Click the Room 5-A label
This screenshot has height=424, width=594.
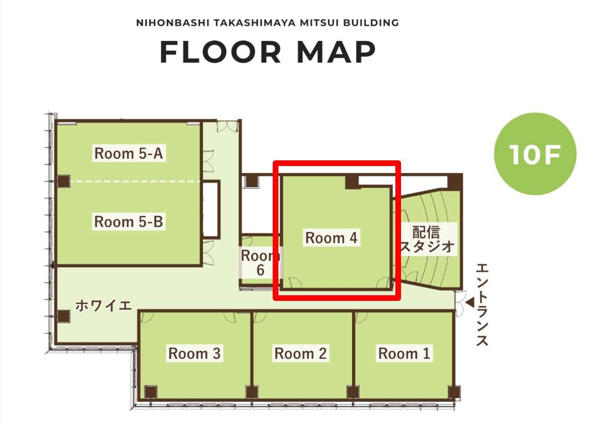point(129,153)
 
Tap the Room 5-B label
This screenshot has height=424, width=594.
point(129,221)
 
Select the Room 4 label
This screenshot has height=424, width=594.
point(332,238)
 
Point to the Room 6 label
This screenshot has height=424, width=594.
point(260,263)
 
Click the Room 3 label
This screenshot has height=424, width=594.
point(195,353)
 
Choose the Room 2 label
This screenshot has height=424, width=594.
point(301,353)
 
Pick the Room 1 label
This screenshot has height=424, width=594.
point(404,353)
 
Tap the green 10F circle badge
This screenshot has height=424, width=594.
point(535,154)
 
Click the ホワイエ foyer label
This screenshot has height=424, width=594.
point(104,306)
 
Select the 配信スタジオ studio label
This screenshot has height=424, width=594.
point(427,239)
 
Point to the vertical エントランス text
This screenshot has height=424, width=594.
point(482,305)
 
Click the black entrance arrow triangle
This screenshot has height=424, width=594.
point(470,303)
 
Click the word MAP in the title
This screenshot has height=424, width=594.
point(336,52)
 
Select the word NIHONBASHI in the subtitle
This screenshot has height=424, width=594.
point(173,23)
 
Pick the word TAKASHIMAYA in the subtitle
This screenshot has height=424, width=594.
point(255,23)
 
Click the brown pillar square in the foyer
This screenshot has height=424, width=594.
point(64,316)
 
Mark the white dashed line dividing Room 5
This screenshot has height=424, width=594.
point(135,182)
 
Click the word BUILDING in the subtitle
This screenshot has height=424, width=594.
point(371,23)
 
